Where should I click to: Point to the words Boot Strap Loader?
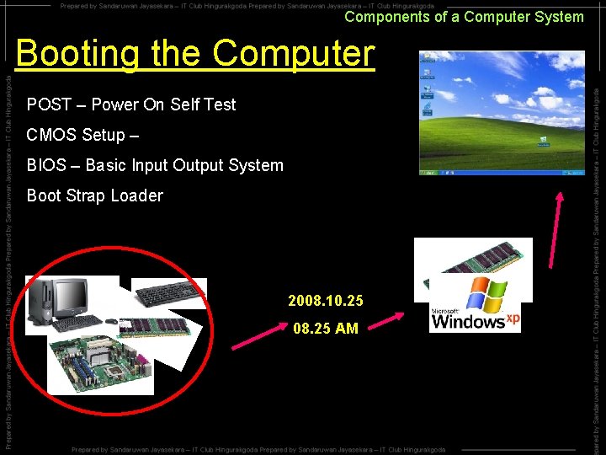click(x=95, y=195)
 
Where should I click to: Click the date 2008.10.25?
click(x=326, y=301)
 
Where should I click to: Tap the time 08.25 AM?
click(x=326, y=329)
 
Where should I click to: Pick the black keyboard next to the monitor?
click(x=168, y=294)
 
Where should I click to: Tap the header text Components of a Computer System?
click(x=464, y=17)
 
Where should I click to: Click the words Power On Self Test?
click(x=163, y=104)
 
